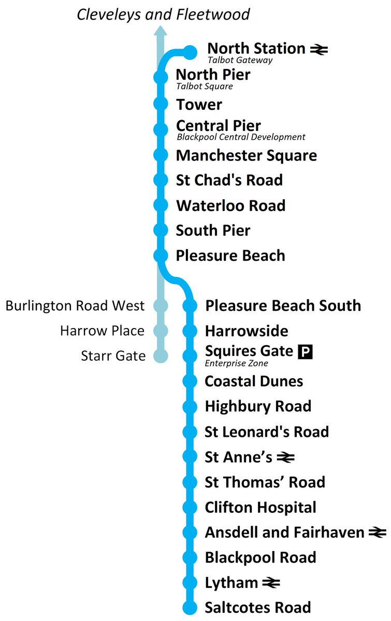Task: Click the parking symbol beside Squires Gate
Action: (x=306, y=352)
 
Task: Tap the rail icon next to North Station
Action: (x=319, y=50)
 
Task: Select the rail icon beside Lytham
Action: (x=271, y=583)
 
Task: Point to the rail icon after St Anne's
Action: (x=285, y=457)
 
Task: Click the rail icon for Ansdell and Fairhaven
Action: (x=378, y=533)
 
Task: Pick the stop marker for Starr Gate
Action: (x=161, y=356)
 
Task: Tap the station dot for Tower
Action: (x=161, y=104)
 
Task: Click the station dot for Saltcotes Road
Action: (x=191, y=608)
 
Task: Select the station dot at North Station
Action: (x=191, y=52)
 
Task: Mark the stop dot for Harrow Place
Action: (x=161, y=331)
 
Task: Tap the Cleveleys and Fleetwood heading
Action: (x=163, y=14)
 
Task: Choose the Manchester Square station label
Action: (x=247, y=155)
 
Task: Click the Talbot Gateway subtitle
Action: (x=240, y=60)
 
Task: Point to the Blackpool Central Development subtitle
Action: (x=241, y=137)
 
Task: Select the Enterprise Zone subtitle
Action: (x=237, y=363)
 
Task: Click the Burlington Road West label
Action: (x=75, y=306)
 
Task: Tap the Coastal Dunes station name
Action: (x=254, y=381)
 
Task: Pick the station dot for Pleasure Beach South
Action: (x=191, y=306)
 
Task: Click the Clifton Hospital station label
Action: (x=260, y=507)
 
